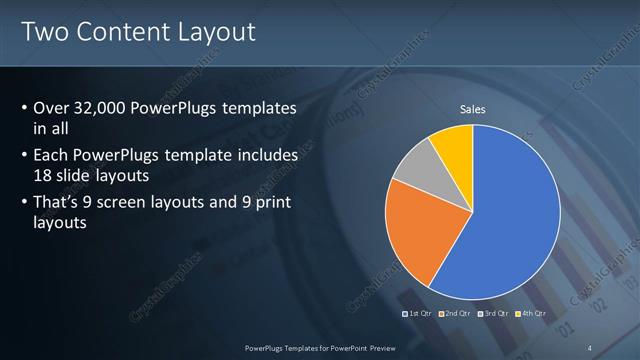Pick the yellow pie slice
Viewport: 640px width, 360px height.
pos(453,143)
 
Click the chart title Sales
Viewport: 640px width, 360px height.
pos(472,109)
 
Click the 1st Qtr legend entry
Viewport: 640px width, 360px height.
pos(418,313)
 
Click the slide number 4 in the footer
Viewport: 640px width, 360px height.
pos(590,348)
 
